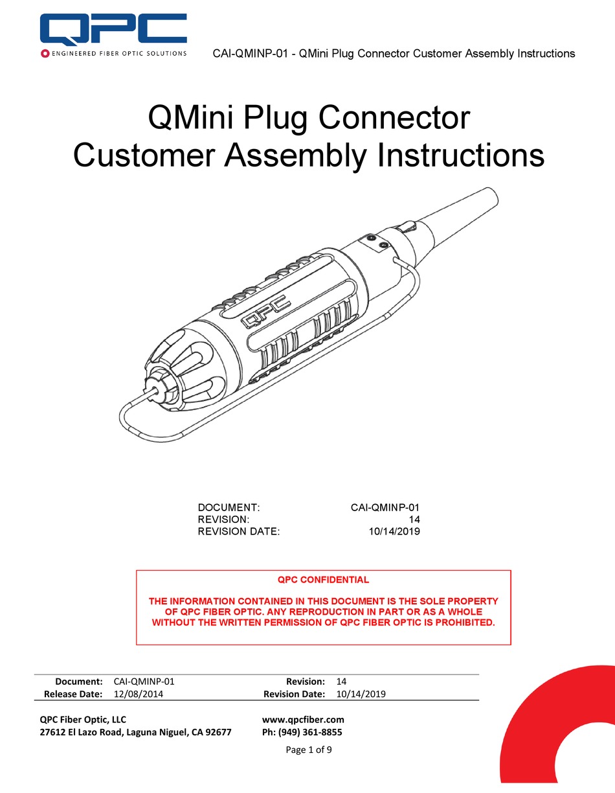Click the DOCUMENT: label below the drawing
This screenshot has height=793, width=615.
pyautogui.click(x=228, y=507)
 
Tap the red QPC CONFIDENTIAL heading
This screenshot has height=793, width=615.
pyautogui.click(x=323, y=580)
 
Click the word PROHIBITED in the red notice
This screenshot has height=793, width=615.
pyautogui.click(x=462, y=623)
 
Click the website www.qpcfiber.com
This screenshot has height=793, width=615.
pyautogui.click(x=303, y=719)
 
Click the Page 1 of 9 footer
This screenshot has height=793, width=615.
pyautogui.click(x=308, y=750)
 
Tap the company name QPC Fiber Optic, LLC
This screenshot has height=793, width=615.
pyautogui.click(x=83, y=719)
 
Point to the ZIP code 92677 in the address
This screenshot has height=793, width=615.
pyautogui.click(x=218, y=733)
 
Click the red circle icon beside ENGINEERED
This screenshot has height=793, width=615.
pyautogui.click(x=45, y=53)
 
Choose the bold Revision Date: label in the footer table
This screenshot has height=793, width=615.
pyautogui.click(x=294, y=694)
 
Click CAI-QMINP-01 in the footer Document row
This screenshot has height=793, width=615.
pyautogui.click(x=144, y=682)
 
